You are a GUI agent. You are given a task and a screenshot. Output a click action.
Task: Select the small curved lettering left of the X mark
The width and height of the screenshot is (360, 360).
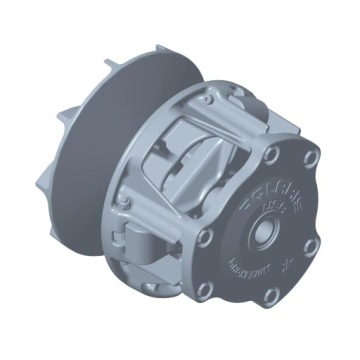[x=251, y=269]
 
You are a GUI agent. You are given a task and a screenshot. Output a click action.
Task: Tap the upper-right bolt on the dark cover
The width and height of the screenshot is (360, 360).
[x=310, y=158]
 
